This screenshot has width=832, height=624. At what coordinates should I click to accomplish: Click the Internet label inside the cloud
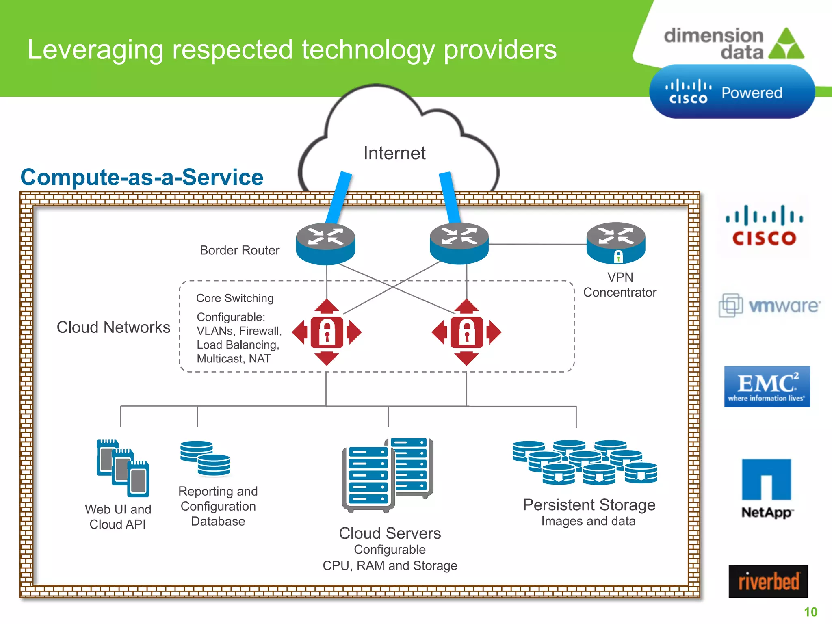(x=394, y=154)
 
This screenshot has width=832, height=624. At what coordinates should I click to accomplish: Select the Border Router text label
(x=239, y=250)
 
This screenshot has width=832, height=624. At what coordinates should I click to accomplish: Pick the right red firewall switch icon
(x=466, y=332)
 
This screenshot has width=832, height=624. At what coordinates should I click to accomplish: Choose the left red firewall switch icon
(x=327, y=332)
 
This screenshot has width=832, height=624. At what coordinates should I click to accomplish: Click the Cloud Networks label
(x=113, y=327)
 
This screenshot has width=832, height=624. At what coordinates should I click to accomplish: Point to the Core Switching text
(x=235, y=298)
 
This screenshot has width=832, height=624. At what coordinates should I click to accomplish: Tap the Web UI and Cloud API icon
(x=123, y=468)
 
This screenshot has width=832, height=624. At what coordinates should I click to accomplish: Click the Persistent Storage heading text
(x=589, y=505)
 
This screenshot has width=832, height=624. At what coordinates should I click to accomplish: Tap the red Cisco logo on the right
(x=764, y=226)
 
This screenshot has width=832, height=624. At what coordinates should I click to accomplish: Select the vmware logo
(x=769, y=305)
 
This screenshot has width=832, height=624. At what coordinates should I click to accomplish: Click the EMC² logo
(x=767, y=387)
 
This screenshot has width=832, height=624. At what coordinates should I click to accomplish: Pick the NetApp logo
(x=767, y=488)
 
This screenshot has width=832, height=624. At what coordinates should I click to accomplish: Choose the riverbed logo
(x=768, y=581)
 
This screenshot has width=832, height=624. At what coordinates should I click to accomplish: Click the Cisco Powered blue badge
(x=732, y=92)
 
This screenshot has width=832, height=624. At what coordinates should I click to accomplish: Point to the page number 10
(x=810, y=612)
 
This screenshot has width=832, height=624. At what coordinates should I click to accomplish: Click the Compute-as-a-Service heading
(x=142, y=178)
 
